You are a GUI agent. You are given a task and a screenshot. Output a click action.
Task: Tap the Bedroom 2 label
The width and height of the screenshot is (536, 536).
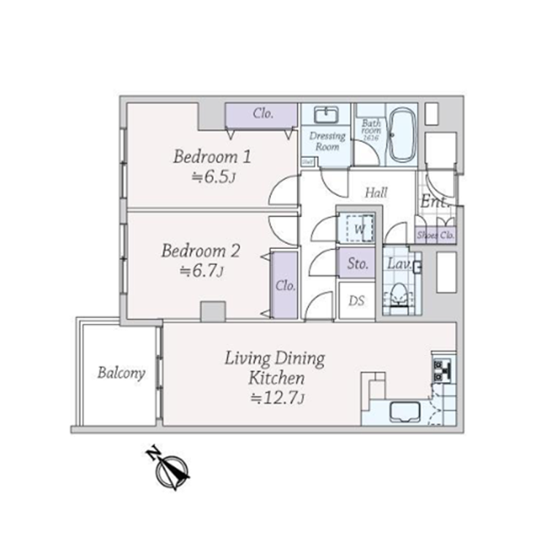click(200, 251)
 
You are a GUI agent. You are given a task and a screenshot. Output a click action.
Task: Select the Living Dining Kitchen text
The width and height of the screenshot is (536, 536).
click(275, 368)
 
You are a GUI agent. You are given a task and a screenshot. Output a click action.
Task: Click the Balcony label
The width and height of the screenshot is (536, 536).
click(121, 372)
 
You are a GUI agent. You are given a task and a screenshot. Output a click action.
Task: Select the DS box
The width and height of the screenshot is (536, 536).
click(356, 300)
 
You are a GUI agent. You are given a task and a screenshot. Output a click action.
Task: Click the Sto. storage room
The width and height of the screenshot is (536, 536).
click(356, 263)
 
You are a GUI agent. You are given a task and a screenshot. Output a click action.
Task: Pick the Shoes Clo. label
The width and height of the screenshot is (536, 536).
click(436, 235)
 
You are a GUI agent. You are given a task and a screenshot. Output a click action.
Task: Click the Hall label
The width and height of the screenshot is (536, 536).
click(376, 194)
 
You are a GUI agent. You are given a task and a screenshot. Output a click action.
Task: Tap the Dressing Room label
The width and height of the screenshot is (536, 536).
click(326, 142)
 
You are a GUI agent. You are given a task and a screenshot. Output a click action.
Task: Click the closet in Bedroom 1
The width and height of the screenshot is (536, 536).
click(262, 115)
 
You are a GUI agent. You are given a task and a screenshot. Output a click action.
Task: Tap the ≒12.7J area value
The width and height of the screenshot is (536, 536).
click(276, 399)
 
